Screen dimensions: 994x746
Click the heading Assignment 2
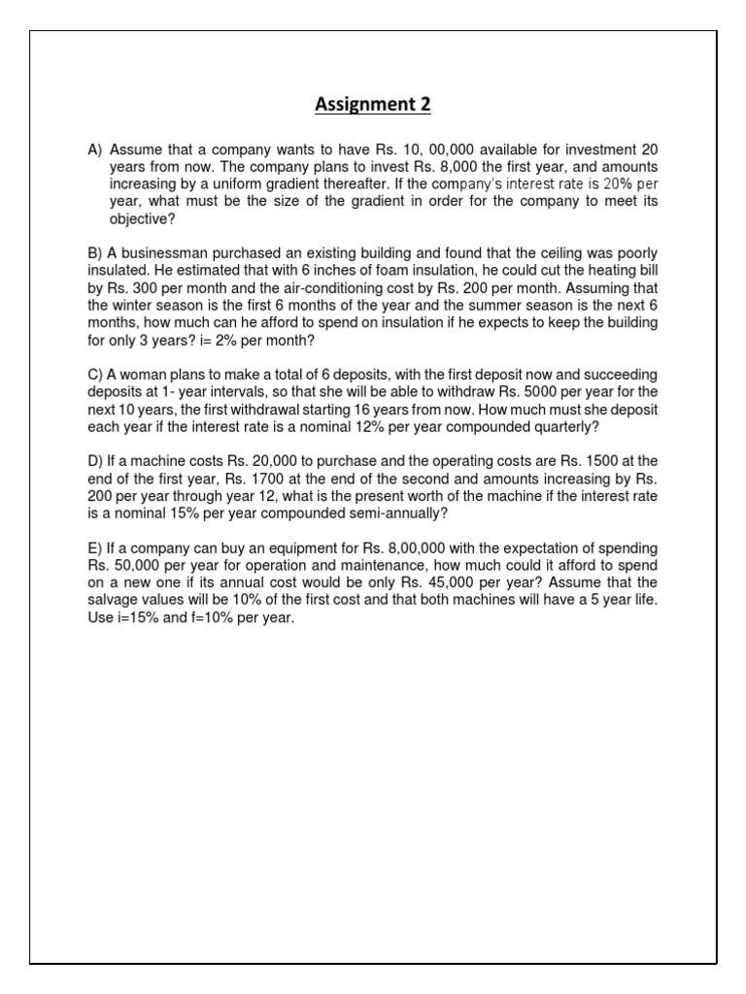(x=372, y=105)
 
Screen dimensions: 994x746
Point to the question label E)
(x=95, y=548)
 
